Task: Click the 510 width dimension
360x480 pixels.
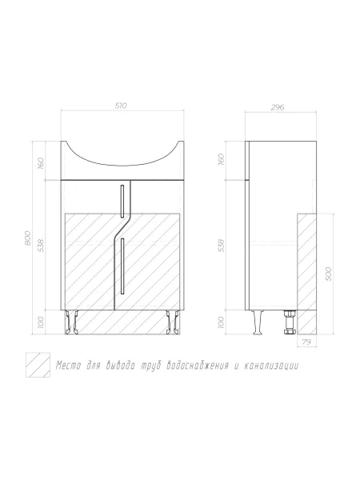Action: [x=121, y=106]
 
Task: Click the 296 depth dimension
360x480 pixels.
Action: [x=278, y=107]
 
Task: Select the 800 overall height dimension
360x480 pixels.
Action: [x=27, y=238]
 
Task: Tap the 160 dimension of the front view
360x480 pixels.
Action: [x=41, y=163]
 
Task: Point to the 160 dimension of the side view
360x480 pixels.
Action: [x=221, y=159]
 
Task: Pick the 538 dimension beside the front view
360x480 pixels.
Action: [x=41, y=246]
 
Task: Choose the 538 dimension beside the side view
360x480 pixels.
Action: [x=221, y=246]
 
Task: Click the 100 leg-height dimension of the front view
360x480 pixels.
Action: [x=41, y=322]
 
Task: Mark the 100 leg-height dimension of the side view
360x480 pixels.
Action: [x=221, y=322]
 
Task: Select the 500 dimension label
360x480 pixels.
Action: [x=329, y=274]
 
